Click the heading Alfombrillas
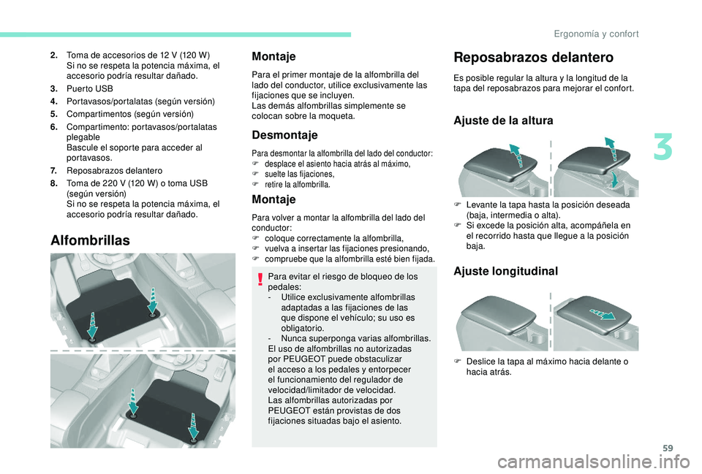coord(90,240)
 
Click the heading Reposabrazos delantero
coord(533,58)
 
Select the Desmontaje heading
coord(284,135)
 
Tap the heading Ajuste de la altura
coord(503,121)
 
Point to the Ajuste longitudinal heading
coord(505,271)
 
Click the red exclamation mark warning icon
coord(260,280)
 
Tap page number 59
coord(668,448)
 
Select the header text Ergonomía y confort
coord(596,34)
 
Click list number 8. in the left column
coord(54,183)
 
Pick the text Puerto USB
coord(89,88)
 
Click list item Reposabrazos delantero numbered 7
coord(114,170)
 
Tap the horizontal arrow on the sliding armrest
coord(603,314)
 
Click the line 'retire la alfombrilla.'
coord(298,184)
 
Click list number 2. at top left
coord(54,56)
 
